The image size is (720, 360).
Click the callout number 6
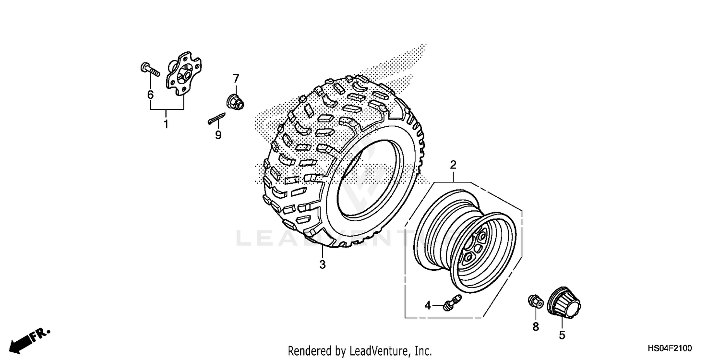coord(150,95)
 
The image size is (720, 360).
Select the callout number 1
coord(166,124)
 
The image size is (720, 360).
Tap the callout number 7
coord(236,78)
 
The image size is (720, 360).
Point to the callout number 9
coord(218,135)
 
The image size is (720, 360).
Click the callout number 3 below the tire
coord(323,264)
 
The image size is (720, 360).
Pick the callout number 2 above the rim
coord(453,165)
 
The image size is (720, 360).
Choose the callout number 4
coord(427,305)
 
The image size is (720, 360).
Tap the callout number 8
coord(536,326)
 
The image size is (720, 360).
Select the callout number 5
coord(562,335)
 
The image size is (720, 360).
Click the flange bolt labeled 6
coord(150,70)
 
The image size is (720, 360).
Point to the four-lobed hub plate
coord(184,74)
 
